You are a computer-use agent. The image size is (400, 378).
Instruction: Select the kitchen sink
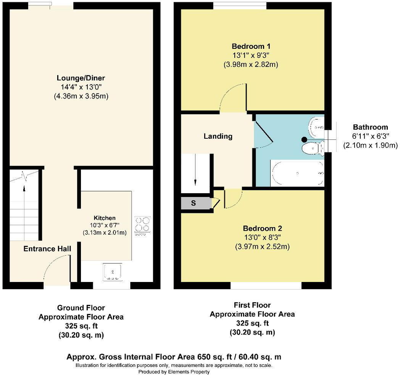(x=113, y=272)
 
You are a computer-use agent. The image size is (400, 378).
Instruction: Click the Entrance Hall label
(x=47, y=249)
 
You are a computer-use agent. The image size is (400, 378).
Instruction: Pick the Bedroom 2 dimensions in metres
(x=262, y=247)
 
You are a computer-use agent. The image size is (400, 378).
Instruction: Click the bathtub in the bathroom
(x=297, y=174)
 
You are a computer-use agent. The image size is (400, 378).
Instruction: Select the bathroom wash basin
(x=316, y=126)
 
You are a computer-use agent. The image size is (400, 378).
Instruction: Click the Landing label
(x=218, y=136)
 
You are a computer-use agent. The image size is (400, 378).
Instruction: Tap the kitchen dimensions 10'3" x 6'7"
(x=104, y=225)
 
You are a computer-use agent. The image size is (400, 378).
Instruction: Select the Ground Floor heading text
(x=81, y=308)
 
